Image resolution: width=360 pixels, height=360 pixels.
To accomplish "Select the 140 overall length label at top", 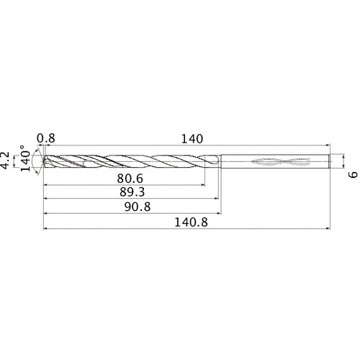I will (192, 138).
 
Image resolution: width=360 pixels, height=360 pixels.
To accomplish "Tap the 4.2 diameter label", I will (7, 160).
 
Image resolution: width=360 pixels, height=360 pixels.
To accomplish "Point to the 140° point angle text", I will (26, 160).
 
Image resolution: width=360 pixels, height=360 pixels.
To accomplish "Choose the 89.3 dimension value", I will (130, 193).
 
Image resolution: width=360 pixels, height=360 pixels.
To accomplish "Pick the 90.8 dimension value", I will (132, 209).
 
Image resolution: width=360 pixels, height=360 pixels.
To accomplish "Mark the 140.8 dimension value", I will (189, 223).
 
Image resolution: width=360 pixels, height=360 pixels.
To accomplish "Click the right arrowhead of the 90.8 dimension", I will (219, 215).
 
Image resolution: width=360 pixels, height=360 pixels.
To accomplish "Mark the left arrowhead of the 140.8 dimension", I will (46, 230).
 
